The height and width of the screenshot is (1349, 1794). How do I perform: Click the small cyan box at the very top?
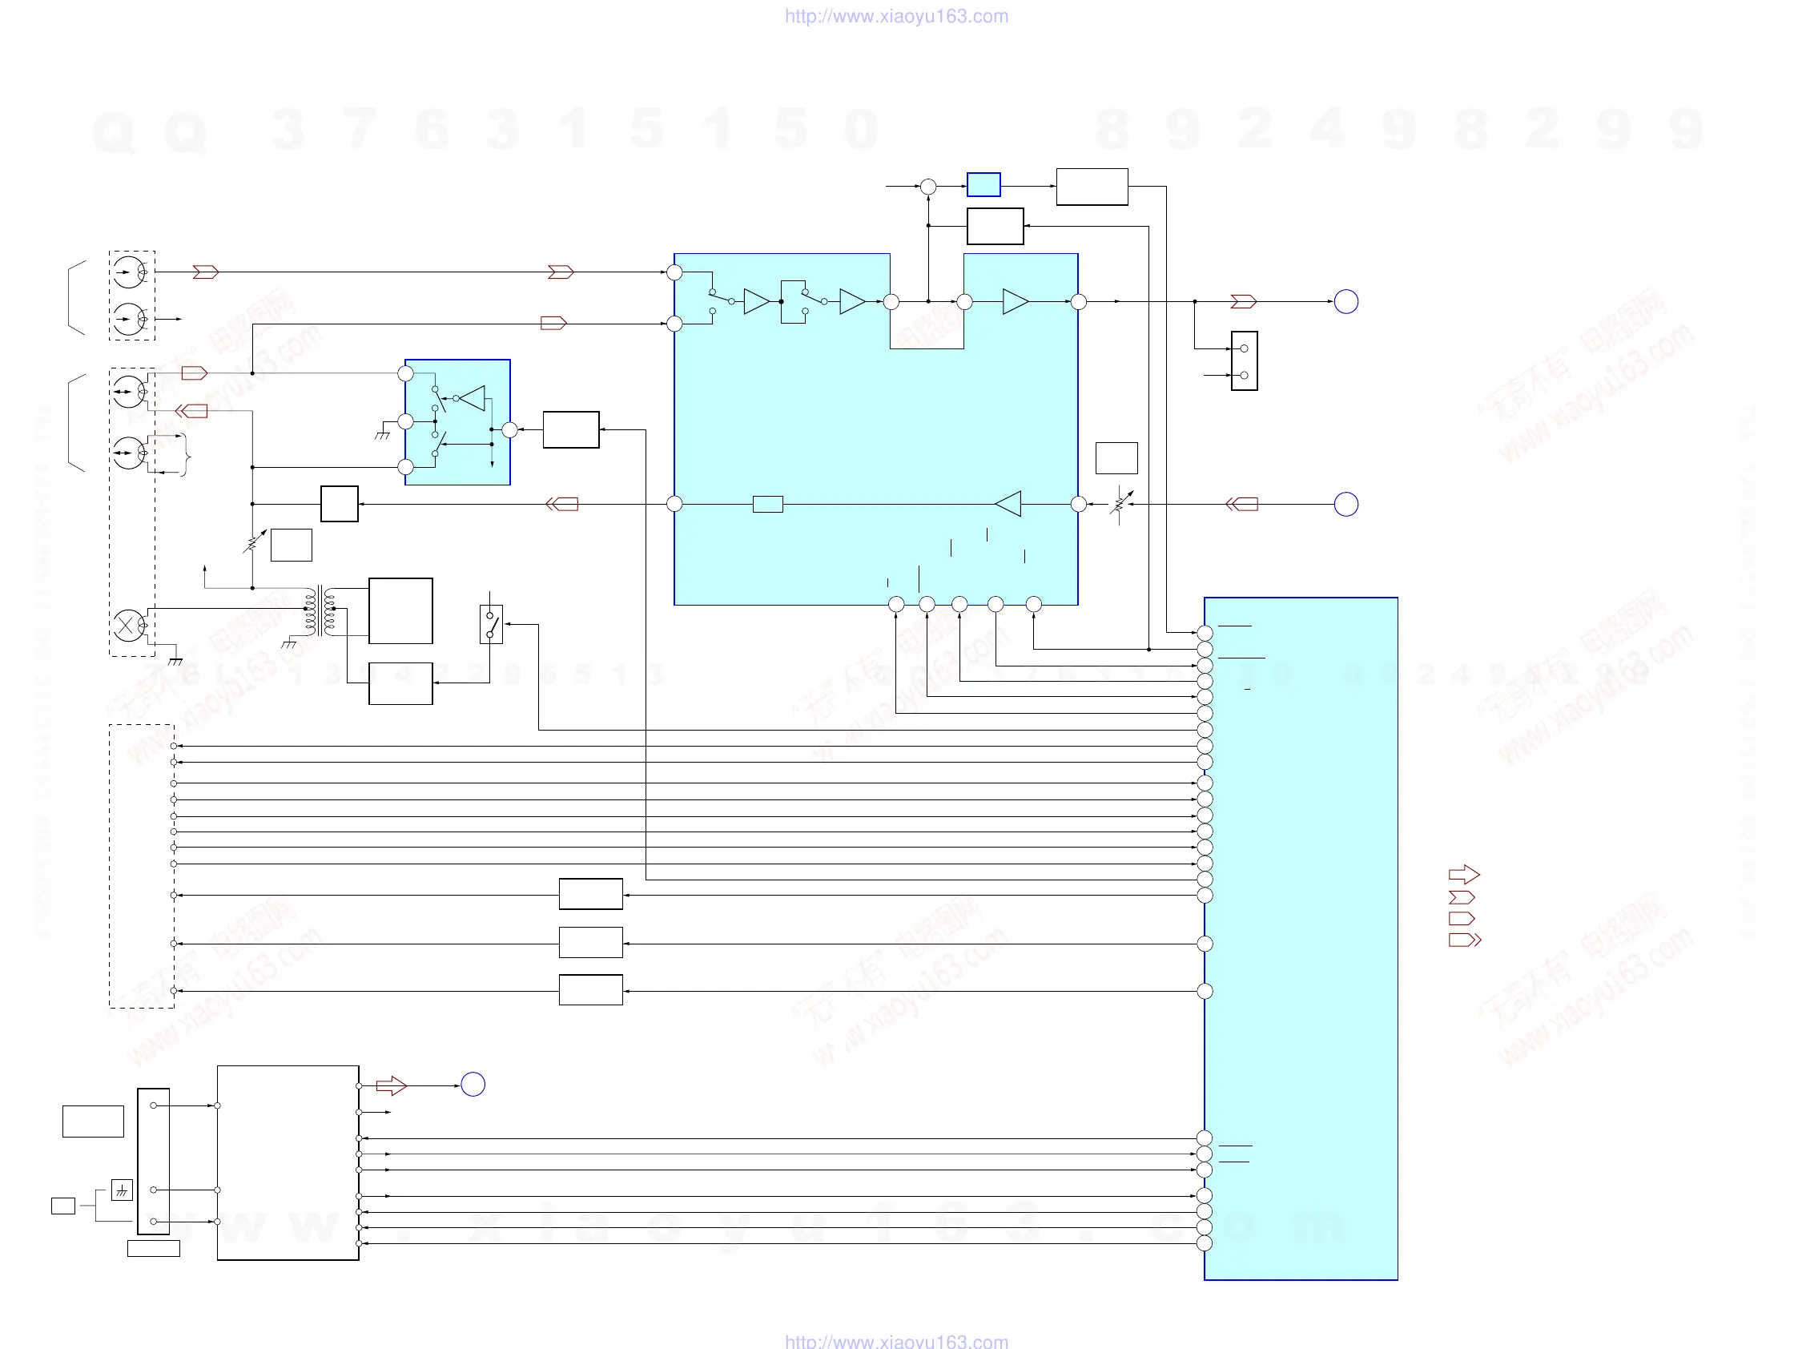click(x=983, y=185)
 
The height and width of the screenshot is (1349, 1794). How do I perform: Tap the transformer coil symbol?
click(x=320, y=612)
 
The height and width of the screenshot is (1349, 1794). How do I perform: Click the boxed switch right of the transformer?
click(x=491, y=624)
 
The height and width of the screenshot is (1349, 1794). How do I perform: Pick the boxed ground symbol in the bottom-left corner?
click(x=122, y=1190)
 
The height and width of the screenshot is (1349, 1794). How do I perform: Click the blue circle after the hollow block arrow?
click(x=473, y=1085)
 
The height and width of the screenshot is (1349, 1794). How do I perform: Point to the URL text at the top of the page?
click(x=896, y=16)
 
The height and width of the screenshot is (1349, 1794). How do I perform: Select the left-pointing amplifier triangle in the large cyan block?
click(x=1009, y=504)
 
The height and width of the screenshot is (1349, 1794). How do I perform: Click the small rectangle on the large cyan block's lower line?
click(x=767, y=505)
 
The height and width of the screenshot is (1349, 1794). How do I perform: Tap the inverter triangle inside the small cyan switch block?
click(x=473, y=398)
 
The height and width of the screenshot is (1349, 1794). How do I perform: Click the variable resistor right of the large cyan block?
click(x=1120, y=505)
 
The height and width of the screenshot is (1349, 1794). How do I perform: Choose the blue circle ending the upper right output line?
click(x=1346, y=302)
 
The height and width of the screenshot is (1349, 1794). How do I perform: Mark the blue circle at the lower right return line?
click(x=1346, y=505)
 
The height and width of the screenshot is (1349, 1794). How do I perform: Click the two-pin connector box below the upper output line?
click(x=1244, y=361)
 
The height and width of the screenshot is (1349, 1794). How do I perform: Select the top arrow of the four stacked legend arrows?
click(x=1464, y=875)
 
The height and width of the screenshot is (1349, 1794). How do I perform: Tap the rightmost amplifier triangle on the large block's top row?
click(x=1016, y=302)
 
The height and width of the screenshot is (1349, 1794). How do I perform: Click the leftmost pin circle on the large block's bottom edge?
click(x=896, y=604)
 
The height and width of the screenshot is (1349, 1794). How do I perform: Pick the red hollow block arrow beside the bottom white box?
click(x=391, y=1085)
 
